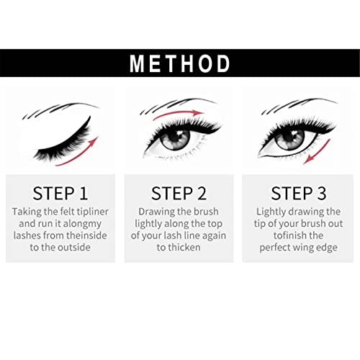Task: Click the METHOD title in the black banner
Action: tap(180, 63)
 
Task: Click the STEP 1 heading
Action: tap(60, 193)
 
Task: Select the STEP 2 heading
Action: tap(179, 193)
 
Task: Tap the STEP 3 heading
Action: tap(299, 193)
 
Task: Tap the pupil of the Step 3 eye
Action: tap(292, 137)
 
